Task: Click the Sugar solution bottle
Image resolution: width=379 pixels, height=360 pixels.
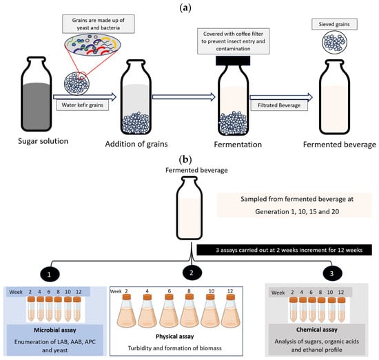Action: coord(37,94)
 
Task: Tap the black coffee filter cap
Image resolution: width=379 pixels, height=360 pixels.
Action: coord(233,61)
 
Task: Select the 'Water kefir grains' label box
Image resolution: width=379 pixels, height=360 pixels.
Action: coord(83,105)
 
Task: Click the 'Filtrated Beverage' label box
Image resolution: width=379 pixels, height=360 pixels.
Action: coord(279,105)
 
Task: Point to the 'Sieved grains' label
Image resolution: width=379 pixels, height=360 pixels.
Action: coord(334,24)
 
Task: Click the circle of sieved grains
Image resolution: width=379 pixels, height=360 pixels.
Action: coord(334,42)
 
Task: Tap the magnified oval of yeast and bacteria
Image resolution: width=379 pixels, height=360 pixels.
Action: coord(92,45)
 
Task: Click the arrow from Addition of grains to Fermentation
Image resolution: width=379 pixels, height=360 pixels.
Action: coord(184,97)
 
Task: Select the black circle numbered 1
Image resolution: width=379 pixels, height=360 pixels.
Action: coord(50,274)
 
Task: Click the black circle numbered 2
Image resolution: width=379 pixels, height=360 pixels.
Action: coord(192,273)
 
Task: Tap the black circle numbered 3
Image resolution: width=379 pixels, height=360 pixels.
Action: coord(332,273)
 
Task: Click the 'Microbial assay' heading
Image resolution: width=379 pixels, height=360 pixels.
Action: coord(55,330)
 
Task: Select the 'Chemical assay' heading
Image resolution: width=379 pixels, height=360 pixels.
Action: coord(317,330)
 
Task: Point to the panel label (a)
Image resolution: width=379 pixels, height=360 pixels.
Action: coord(185,8)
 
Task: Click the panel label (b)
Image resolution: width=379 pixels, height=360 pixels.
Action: coord(185,160)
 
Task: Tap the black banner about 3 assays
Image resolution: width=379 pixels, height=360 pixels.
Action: coord(284,250)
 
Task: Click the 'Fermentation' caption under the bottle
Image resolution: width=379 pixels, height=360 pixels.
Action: coord(238,145)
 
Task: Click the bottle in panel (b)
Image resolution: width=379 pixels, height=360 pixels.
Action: coord(189,208)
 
